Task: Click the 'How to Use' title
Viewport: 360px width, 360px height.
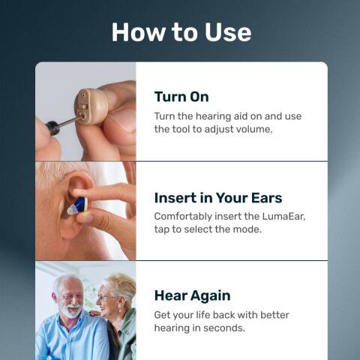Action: click(181, 31)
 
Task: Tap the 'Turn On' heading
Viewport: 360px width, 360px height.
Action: click(181, 97)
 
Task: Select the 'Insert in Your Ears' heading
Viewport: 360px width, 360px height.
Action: click(218, 198)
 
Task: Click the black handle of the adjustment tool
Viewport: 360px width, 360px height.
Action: click(52, 127)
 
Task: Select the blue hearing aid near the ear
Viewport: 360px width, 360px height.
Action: click(78, 203)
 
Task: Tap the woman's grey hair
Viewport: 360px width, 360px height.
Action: click(120, 283)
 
